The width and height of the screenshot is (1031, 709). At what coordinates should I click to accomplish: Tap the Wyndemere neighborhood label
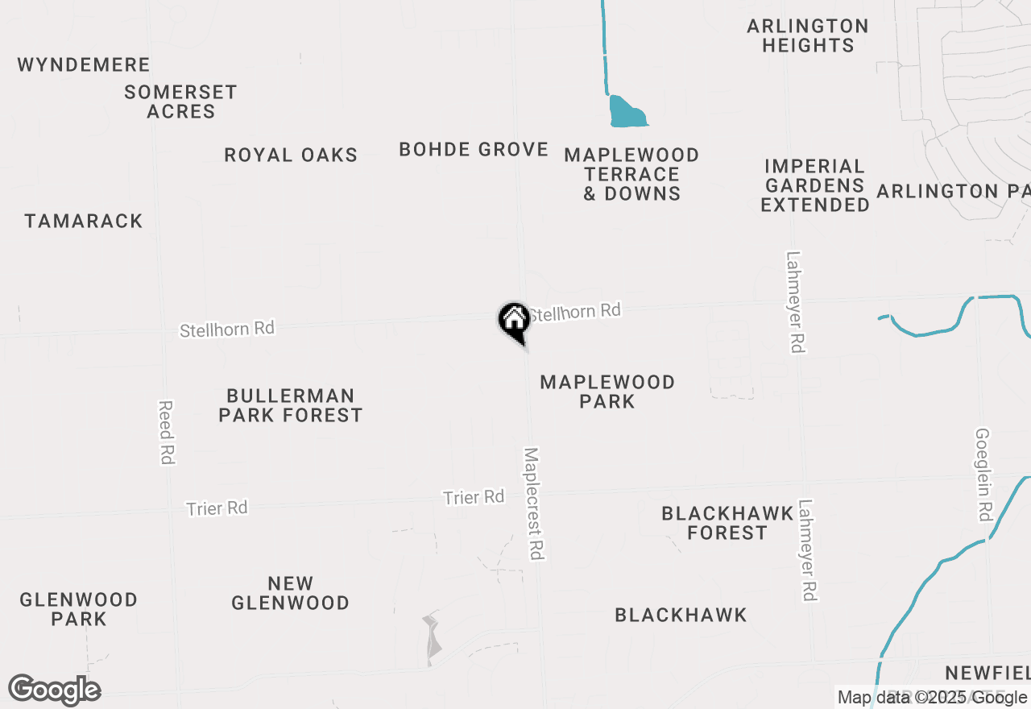(x=84, y=64)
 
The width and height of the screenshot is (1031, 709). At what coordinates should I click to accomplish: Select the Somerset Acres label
(x=180, y=102)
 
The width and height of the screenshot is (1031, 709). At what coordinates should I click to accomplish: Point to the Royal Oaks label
(x=291, y=155)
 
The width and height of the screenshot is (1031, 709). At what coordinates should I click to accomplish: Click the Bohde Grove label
(x=474, y=149)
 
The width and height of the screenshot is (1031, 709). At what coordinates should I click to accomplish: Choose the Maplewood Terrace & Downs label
(x=631, y=174)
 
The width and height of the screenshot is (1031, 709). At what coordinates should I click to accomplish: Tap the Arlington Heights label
(x=808, y=35)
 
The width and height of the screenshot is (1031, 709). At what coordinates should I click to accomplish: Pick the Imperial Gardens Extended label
(x=815, y=185)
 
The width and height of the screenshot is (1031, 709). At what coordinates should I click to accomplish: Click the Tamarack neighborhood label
(x=84, y=221)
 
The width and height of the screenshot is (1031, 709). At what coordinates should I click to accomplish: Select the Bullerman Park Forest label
(x=291, y=405)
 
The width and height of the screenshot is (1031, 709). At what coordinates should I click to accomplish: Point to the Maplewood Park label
(x=607, y=392)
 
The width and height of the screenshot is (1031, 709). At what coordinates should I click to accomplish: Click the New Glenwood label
(x=291, y=593)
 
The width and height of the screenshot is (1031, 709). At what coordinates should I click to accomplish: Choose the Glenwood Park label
(x=79, y=609)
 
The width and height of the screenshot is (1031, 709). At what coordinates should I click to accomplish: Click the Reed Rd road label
(x=167, y=432)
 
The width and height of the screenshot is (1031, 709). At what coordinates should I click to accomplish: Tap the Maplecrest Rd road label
(x=534, y=504)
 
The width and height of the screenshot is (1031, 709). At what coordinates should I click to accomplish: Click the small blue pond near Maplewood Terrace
(x=627, y=113)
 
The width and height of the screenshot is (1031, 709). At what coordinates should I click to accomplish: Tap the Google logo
(x=54, y=690)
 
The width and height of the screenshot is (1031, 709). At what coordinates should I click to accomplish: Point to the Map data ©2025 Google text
(x=931, y=698)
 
